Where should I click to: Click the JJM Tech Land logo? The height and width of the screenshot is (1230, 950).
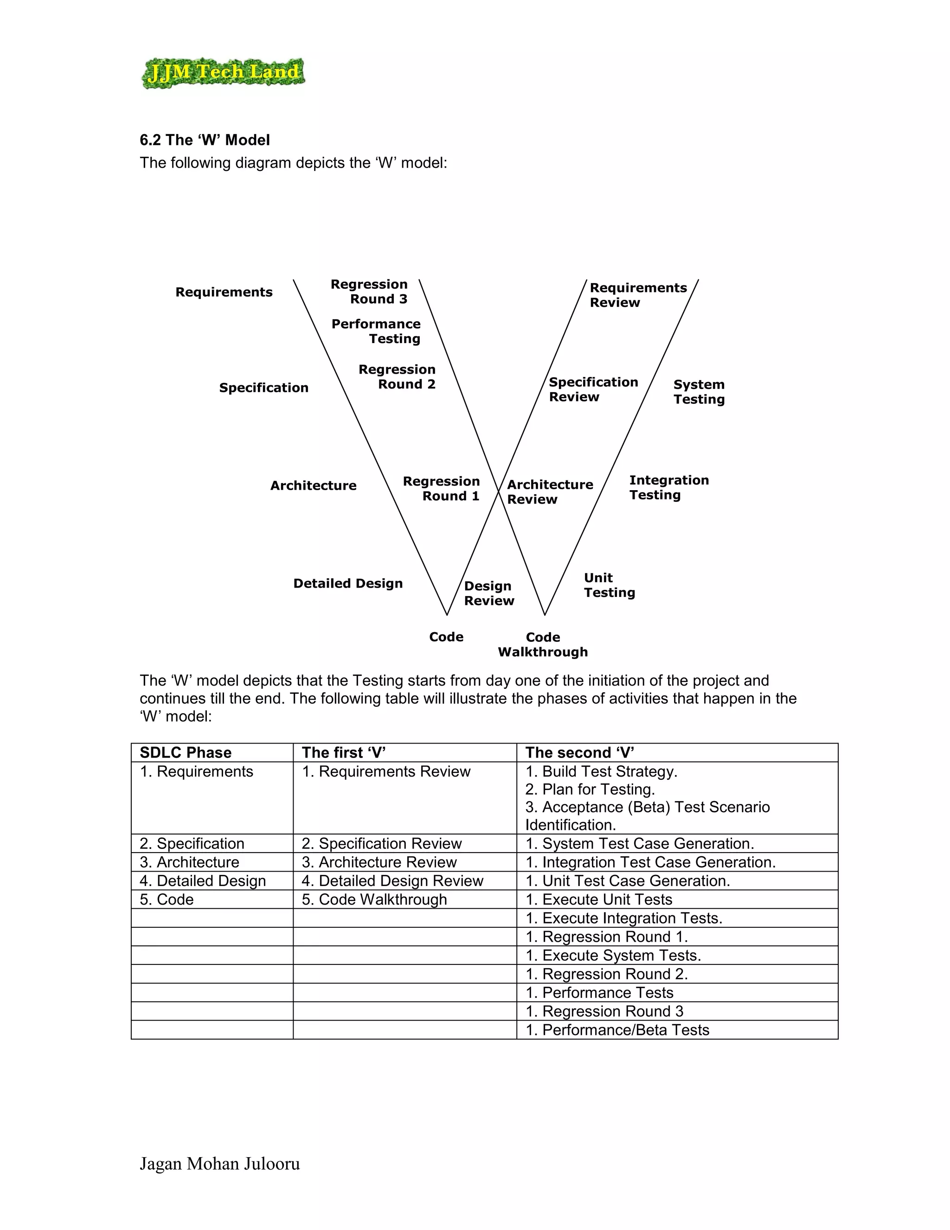(223, 73)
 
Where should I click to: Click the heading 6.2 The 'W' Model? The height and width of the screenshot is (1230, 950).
(205, 140)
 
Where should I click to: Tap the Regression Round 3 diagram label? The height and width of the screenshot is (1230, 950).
(369, 292)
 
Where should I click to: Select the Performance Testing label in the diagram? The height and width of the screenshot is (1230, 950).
(376, 331)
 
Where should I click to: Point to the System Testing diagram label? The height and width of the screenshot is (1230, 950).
(699, 392)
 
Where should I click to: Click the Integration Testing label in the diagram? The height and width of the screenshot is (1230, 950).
(668, 488)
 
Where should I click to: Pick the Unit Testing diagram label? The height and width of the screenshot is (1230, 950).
(610, 585)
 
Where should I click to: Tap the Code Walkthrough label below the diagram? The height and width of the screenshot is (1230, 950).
(543, 645)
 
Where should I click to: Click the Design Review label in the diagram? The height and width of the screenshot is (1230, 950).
(488, 594)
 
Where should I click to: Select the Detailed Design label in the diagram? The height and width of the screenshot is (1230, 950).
(348, 583)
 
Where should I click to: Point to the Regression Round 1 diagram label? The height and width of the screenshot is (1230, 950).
(442, 489)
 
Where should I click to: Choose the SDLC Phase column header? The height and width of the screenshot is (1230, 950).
(186, 753)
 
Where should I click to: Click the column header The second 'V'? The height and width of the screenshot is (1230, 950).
(580, 753)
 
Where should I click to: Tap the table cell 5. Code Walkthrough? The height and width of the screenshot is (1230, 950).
(374, 900)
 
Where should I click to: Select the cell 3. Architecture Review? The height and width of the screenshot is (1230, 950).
(379, 862)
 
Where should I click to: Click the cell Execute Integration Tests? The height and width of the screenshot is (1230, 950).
(623, 918)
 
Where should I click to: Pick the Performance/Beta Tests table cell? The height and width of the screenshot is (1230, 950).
(617, 1030)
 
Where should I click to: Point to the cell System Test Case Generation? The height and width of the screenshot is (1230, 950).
(639, 844)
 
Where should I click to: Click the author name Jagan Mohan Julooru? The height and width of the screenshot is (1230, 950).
(219, 1164)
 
